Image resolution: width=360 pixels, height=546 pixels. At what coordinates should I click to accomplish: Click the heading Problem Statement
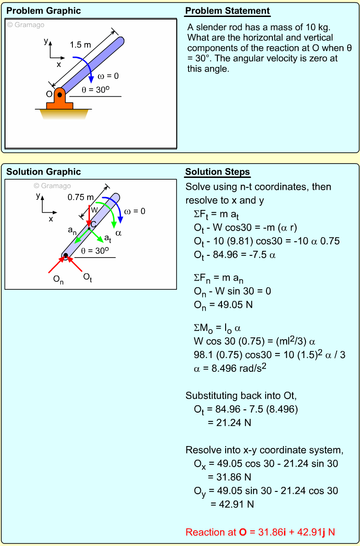[227, 11]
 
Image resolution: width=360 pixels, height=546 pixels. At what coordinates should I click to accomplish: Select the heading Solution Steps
[217, 172]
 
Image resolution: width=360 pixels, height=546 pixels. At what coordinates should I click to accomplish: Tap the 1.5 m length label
[81, 45]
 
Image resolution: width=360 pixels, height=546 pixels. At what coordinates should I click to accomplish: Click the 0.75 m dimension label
[80, 198]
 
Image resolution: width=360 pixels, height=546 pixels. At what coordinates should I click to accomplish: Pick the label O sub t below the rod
[88, 277]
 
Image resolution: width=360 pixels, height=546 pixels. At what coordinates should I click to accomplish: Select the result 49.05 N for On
[224, 304]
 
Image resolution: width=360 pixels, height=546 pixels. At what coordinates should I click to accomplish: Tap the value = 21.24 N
[229, 423]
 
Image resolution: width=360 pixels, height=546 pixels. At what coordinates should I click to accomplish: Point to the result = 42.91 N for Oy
[232, 504]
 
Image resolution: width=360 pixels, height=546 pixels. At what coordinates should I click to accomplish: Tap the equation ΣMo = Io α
[217, 328]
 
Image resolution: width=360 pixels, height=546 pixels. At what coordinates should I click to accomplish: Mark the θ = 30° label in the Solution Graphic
[95, 251]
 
